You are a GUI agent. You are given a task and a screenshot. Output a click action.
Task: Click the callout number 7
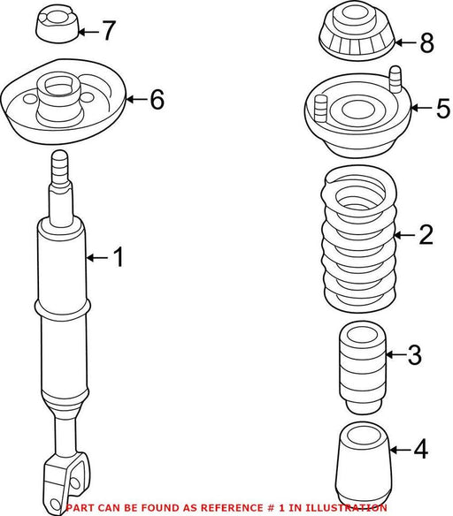(108, 31)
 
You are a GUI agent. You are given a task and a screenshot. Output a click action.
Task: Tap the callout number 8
(426, 42)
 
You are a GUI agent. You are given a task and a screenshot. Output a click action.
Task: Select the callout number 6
(157, 99)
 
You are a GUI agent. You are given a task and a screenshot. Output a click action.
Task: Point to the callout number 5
(442, 108)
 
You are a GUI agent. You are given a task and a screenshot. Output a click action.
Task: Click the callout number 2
(426, 234)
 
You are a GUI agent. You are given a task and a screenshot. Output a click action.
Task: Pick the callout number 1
(118, 257)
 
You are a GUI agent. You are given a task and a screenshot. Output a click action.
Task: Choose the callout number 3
(414, 354)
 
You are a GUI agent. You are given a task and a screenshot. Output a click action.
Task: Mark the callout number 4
(421, 449)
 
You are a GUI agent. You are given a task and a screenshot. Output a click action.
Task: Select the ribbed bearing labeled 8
(357, 31)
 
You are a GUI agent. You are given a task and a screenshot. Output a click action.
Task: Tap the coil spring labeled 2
(359, 239)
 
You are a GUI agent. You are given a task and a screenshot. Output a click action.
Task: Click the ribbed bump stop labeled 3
(362, 368)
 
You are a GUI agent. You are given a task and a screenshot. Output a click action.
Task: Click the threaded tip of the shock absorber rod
(60, 166)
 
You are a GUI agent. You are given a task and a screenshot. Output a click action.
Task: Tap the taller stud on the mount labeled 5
(395, 80)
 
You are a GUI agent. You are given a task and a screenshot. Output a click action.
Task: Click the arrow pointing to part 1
(97, 258)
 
